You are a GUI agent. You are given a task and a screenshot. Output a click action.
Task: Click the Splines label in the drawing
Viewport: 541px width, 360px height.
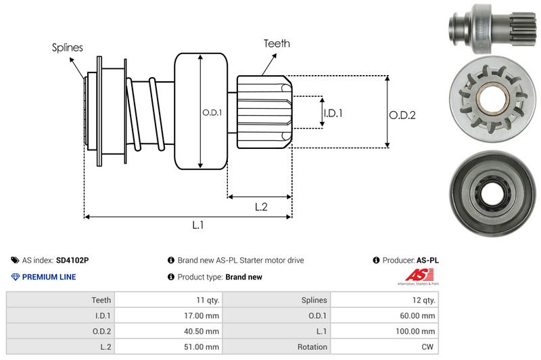click(68, 47)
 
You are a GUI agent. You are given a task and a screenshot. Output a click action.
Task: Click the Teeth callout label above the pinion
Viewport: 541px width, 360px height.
click(277, 43)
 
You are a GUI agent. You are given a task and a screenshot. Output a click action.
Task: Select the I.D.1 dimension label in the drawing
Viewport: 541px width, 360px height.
click(333, 114)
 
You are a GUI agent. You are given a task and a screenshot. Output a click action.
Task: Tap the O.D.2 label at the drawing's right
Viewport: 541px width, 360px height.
click(402, 115)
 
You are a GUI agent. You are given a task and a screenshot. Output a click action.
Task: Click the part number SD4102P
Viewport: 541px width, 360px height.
click(72, 260)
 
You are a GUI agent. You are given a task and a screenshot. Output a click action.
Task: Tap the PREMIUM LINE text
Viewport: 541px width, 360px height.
click(49, 277)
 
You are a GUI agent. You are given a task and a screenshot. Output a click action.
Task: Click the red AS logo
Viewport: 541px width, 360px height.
click(415, 275)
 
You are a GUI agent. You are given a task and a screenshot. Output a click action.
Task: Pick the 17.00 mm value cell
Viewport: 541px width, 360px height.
click(202, 315)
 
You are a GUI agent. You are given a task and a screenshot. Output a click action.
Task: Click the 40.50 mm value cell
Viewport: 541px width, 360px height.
click(202, 331)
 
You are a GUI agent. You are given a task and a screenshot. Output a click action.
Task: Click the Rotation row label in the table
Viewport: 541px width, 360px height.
click(312, 346)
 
